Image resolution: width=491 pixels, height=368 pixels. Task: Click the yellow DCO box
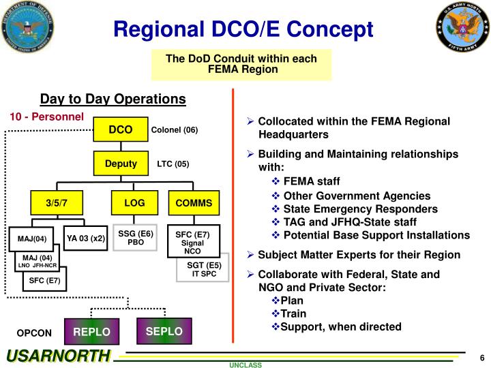(120, 129)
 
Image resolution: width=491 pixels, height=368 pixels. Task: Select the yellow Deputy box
(120, 164)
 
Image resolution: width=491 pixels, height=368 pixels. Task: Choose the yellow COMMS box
(194, 202)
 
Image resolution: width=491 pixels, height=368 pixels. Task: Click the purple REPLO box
(91, 332)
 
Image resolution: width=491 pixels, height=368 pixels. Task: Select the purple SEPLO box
(164, 331)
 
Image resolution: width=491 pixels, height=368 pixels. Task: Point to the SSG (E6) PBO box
(135, 238)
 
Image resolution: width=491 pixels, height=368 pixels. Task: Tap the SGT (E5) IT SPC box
(204, 269)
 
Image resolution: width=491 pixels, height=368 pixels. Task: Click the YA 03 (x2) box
(86, 239)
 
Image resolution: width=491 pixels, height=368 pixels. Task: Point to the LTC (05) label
(173, 164)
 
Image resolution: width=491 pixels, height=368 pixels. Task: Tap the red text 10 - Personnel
(46, 117)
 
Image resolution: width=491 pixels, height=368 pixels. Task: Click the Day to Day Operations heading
(113, 99)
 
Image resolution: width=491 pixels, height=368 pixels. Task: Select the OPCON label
(34, 333)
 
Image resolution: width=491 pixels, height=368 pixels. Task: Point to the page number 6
(481, 359)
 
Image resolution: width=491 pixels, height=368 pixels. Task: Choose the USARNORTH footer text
(58, 356)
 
